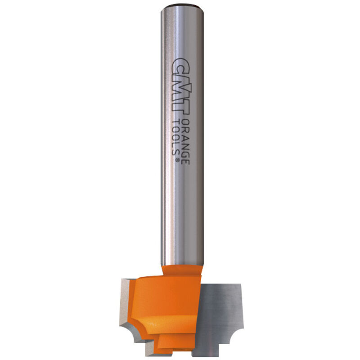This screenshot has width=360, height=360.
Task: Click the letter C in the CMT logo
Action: coord(181,67)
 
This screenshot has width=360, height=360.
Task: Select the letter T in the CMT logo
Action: coord(181,107)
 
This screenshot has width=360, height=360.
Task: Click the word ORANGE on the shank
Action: coord(185,142)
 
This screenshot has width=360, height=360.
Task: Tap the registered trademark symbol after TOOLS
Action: coord(177,160)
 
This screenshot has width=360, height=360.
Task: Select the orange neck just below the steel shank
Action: coord(182,271)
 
